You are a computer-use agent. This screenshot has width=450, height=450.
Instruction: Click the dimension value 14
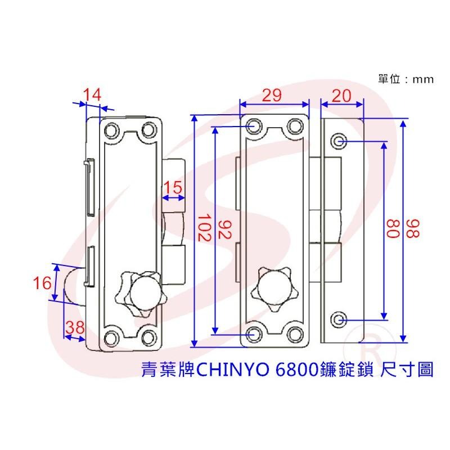pos(92,95)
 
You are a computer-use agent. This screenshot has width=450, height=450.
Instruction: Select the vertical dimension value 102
pos(204,228)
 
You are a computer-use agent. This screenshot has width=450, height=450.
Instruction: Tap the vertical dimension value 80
pos(394,228)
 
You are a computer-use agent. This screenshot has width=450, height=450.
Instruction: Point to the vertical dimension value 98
pos(415,228)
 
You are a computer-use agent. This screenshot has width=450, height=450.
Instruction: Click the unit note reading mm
pos(423,79)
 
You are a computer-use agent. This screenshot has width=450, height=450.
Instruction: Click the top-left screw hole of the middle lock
pos(252,125)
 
